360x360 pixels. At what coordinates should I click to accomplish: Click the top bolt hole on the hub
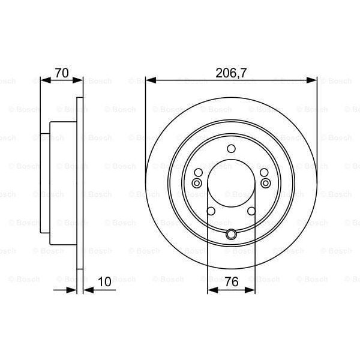coord(231,150)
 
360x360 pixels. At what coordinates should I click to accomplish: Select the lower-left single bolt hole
coord(210,211)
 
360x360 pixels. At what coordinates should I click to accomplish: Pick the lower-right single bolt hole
coord(252,211)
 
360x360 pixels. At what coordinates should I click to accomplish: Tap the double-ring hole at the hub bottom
coord(231,235)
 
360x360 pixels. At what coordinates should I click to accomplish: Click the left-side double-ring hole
coord(197,184)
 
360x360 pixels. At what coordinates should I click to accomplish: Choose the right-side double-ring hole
coord(265,184)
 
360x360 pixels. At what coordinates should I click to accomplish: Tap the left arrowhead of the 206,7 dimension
coord(149,79)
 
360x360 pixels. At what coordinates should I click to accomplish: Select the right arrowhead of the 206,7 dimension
coord(313,79)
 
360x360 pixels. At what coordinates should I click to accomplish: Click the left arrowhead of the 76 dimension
coord(211,290)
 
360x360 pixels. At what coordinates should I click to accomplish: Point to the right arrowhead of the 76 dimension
coord(251,290)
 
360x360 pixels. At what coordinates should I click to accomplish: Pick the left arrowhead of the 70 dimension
coord(43,79)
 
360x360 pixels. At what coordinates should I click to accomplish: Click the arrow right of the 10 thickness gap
coord(86,290)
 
